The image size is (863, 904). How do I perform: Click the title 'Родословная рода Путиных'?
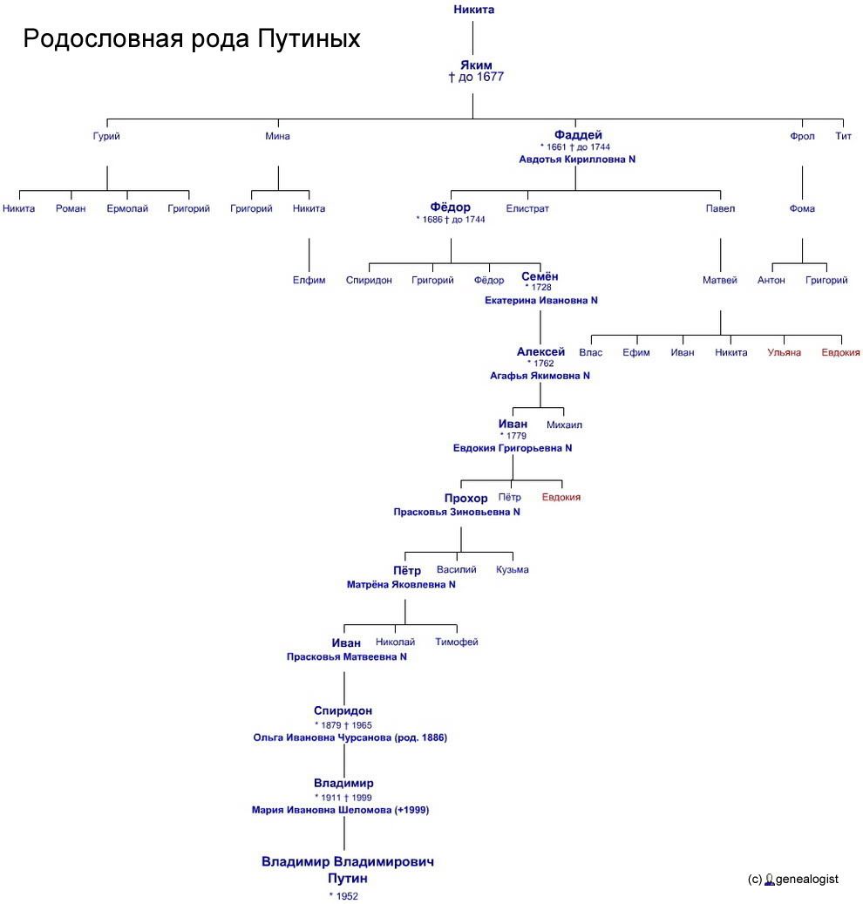pyautogui.click(x=192, y=39)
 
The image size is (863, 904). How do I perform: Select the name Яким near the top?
pyautogui.click(x=476, y=65)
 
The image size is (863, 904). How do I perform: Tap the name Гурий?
pyautogui.click(x=106, y=137)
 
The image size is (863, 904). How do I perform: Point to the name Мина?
pyautogui.click(x=277, y=136)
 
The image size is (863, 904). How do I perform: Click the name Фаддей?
pyautogui.click(x=578, y=135)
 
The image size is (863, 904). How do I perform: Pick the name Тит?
pyautogui.click(x=844, y=136)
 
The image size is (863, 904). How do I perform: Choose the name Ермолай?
pyautogui.click(x=127, y=208)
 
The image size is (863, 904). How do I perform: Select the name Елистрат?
pyautogui.click(x=527, y=208)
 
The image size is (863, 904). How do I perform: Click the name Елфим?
pyautogui.click(x=309, y=281)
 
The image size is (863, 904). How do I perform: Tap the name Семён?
pyautogui.click(x=540, y=276)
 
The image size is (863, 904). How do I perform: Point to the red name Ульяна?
pyautogui.click(x=784, y=353)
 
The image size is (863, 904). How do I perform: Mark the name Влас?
pyautogui.click(x=591, y=353)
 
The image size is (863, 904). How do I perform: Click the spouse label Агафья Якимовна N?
pyautogui.click(x=540, y=376)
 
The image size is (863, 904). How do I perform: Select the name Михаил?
pyautogui.click(x=564, y=425)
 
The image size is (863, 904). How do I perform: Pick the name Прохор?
pyautogui.click(x=465, y=498)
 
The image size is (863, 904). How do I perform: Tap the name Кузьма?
pyautogui.click(x=513, y=569)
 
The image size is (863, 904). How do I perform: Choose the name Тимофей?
pyautogui.click(x=457, y=642)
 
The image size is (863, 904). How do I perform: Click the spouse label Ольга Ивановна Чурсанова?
pyautogui.click(x=323, y=738)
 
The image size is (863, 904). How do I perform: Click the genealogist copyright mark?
pyautogui.click(x=793, y=880)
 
